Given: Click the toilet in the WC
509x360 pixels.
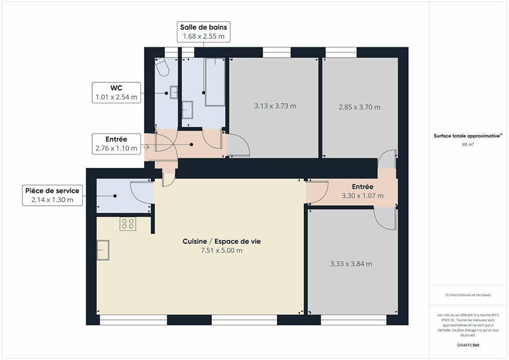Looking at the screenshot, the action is (162, 67).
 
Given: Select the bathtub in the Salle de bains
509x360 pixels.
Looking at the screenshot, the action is (214, 82).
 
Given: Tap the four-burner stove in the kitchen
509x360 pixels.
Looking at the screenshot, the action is (128, 224).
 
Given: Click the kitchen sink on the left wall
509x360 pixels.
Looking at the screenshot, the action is (103, 250).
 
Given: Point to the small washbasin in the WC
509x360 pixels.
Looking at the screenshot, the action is (174, 92).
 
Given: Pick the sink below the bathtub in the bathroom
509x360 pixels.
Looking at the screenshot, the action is (187, 110).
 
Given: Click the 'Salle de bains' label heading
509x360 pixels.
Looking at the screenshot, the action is (204, 27).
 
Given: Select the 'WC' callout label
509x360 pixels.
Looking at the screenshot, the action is (116, 88).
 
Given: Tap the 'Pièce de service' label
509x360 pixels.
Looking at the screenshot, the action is (52, 191).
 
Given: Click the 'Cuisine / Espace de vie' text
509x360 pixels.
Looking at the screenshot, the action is (222, 241).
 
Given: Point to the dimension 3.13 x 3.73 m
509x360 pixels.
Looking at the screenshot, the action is (275, 106).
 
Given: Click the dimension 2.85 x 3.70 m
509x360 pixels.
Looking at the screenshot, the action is (359, 107).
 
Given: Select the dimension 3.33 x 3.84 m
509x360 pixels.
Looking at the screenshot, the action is (351, 264).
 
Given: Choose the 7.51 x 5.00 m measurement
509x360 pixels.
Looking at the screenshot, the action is (222, 250).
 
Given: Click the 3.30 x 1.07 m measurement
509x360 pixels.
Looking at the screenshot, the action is (362, 196).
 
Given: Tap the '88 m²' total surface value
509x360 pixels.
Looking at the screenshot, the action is (468, 144).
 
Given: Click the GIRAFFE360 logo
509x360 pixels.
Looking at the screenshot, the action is (468, 345).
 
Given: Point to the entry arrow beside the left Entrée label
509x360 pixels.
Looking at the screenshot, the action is (146, 148).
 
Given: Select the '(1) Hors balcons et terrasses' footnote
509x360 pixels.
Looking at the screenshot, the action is (468, 295).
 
